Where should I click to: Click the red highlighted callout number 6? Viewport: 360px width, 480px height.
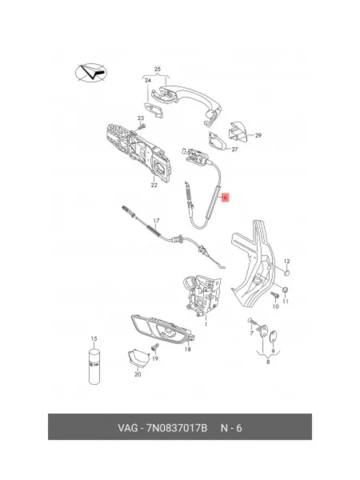225,198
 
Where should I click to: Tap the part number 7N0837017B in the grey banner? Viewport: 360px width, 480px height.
177,428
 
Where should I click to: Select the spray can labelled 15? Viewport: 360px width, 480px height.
94,366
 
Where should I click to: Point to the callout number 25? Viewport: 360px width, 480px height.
158,69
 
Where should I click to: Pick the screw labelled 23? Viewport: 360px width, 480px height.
142,126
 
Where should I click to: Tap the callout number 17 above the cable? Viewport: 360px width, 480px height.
156,221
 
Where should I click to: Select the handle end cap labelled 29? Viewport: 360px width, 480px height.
238,132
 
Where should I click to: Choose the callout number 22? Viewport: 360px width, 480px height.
154,185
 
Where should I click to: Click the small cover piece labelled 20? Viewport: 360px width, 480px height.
138,358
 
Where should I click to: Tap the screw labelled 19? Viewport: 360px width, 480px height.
154,347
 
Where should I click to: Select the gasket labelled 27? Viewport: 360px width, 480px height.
218,141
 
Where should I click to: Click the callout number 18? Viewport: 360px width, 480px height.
188,349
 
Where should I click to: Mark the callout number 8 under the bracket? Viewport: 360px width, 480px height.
268,362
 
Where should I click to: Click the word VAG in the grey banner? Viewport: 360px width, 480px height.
128,428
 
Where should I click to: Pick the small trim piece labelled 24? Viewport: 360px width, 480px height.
154,110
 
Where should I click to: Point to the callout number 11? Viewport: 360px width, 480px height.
286,302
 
